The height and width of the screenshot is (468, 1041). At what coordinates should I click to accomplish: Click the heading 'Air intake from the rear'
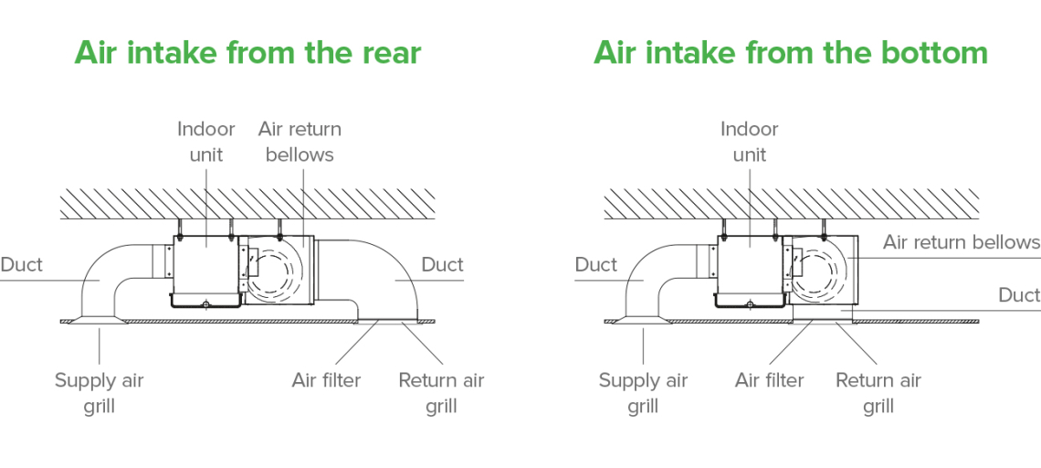247,52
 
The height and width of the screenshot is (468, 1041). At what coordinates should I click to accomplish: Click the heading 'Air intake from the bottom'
791,52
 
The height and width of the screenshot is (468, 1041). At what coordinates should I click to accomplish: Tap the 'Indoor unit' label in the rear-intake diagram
206,142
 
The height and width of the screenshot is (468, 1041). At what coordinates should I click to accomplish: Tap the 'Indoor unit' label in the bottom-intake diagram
749,142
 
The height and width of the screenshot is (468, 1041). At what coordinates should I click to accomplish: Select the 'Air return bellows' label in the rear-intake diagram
300,142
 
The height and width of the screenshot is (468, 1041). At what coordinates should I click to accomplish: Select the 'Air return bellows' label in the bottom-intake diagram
961,242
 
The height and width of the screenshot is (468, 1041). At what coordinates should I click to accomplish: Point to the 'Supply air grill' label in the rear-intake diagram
99,393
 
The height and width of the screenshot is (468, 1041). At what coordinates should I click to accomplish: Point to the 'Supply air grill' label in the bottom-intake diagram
643,393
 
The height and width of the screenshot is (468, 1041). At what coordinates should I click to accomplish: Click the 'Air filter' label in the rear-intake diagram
326,380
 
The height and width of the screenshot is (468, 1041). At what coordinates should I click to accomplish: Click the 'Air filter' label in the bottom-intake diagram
769,380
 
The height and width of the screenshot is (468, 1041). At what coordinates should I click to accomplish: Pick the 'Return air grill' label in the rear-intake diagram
441,393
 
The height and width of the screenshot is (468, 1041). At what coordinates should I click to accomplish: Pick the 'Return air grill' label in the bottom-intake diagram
878,393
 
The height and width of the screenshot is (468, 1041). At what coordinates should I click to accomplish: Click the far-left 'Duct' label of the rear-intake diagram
22,265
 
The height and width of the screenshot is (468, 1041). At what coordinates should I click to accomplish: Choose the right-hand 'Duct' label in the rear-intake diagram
442,265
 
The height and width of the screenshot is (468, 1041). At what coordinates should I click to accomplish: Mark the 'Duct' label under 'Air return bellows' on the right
1019,294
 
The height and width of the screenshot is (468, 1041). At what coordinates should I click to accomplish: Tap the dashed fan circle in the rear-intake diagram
275,271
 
